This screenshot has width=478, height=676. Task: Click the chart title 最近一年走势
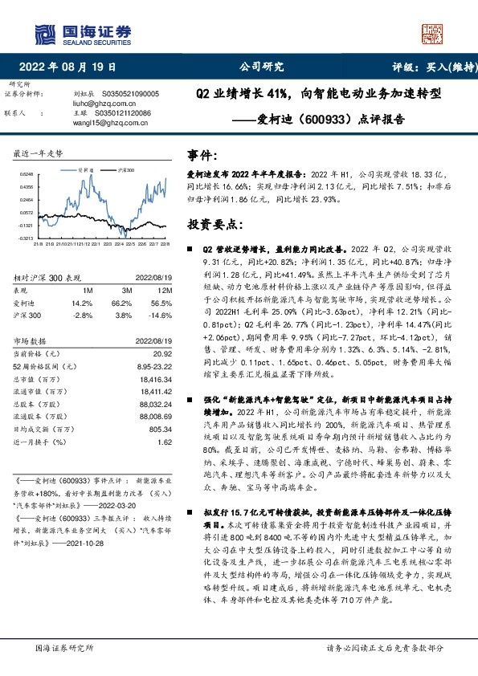click(39, 153)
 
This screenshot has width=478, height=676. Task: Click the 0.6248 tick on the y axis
click(28, 173)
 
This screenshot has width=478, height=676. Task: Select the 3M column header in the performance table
click(127, 290)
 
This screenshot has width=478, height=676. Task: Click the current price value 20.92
click(163, 354)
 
